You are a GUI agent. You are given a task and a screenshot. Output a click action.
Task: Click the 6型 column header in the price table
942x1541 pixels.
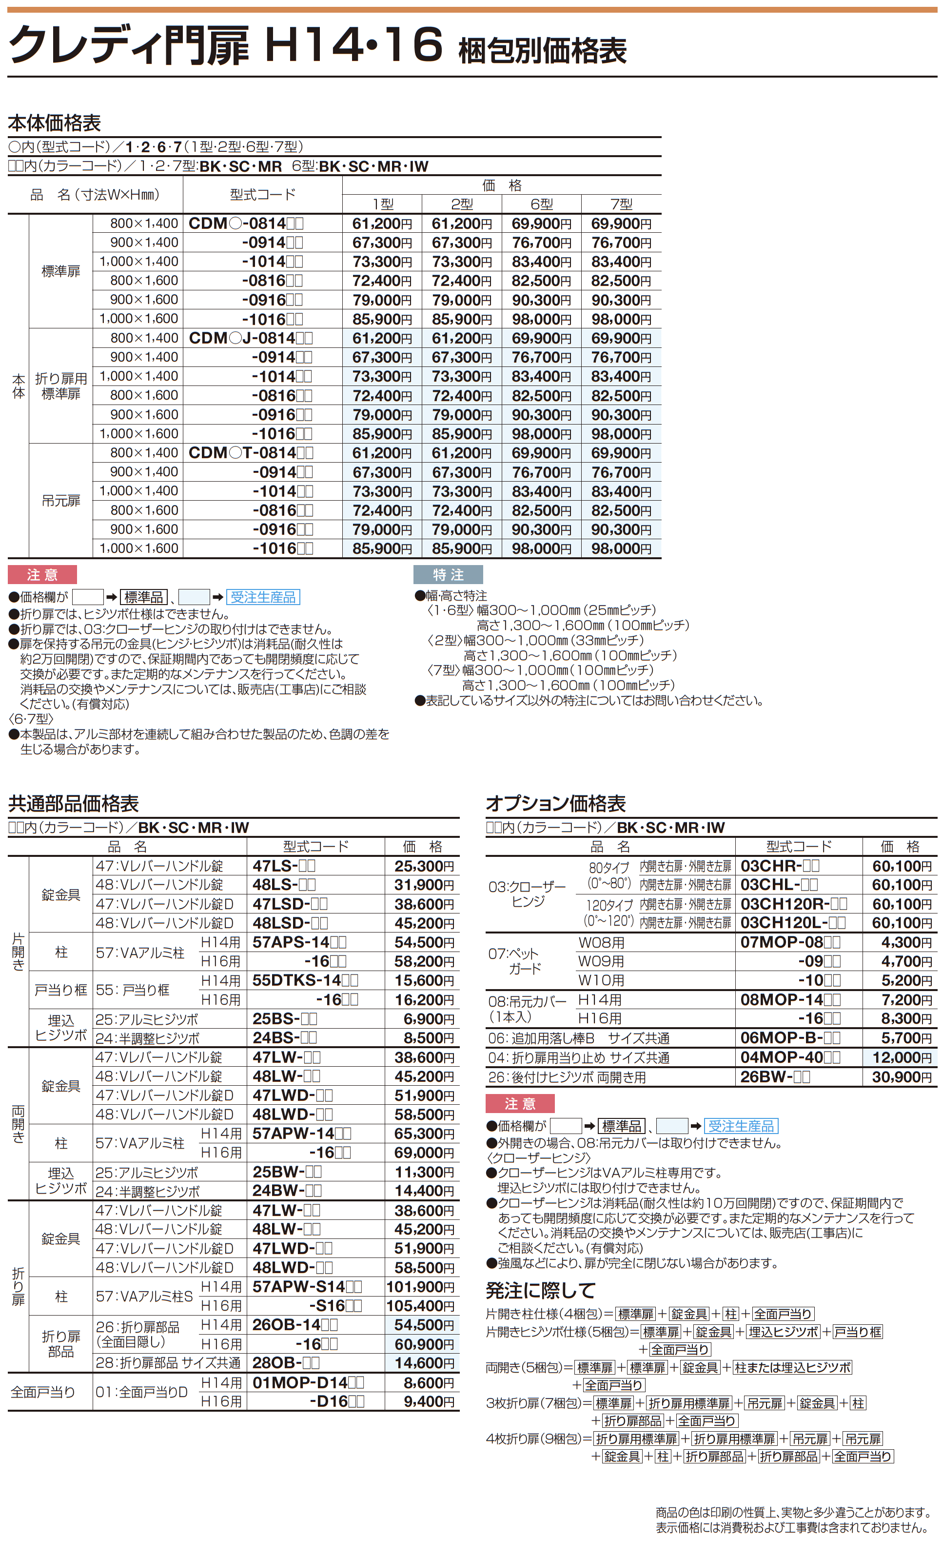pos(541,204)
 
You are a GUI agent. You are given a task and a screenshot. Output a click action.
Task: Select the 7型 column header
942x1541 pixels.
pos(621,204)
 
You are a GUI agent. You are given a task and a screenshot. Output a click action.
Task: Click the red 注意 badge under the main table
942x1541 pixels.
pos(42,575)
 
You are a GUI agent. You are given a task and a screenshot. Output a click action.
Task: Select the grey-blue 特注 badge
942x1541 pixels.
pos(448,575)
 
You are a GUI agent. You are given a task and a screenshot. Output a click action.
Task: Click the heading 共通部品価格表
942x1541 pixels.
pos(73,804)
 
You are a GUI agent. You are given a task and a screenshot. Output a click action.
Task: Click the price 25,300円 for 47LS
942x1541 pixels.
pos(424,866)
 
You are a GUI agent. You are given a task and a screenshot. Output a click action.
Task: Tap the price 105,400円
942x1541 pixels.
pos(420,1306)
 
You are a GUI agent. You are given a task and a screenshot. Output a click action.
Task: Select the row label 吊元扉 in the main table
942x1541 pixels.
pos(60,501)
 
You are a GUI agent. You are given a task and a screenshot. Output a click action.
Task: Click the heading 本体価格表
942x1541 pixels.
pos(55,123)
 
